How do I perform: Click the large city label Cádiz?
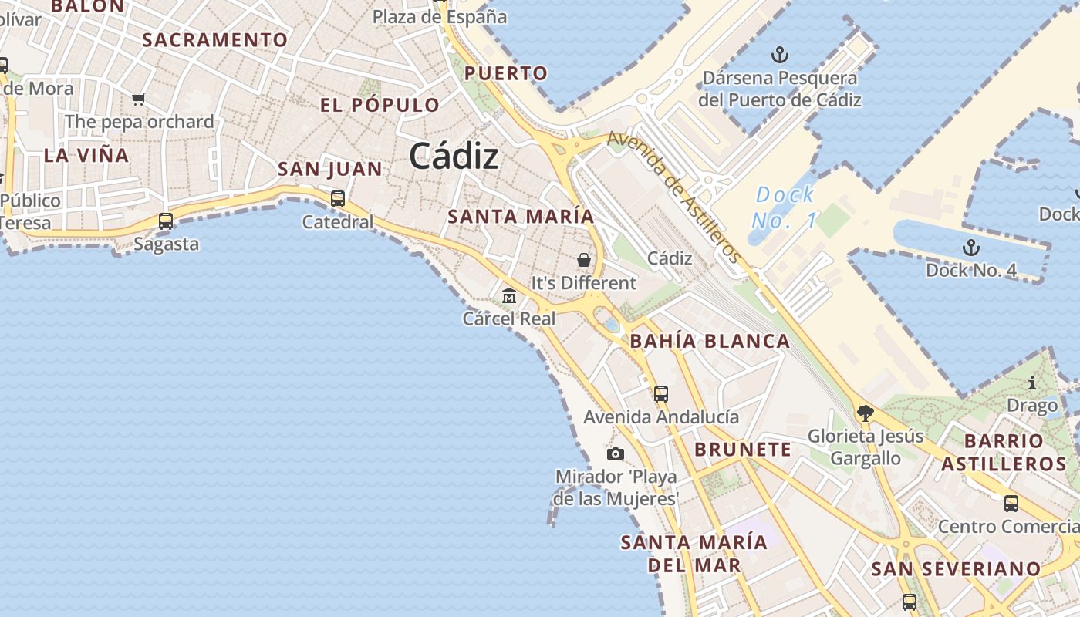click(x=454, y=157)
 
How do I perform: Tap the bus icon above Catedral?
click(x=337, y=199)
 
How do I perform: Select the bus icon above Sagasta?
click(x=166, y=221)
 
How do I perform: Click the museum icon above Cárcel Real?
click(x=509, y=295)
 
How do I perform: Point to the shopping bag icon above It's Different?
click(x=584, y=260)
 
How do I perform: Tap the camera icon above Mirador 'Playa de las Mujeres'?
click(x=615, y=453)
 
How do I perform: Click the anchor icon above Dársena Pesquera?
click(x=780, y=55)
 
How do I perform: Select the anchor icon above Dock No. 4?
click(x=971, y=248)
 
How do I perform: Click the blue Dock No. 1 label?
click(x=785, y=207)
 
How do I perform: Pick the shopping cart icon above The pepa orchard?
click(x=139, y=99)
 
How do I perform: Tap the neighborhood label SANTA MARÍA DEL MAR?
click(x=694, y=553)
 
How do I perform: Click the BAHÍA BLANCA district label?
click(x=710, y=341)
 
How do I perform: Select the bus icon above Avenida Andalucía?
click(x=661, y=394)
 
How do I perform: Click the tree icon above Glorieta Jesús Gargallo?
click(x=866, y=413)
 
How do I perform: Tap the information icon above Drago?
click(x=1032, y=383)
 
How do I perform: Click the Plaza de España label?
click(x=440, y=17)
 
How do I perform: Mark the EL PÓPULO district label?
click(x=380, y=105)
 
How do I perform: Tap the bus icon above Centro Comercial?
click(x=1011, y=504)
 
